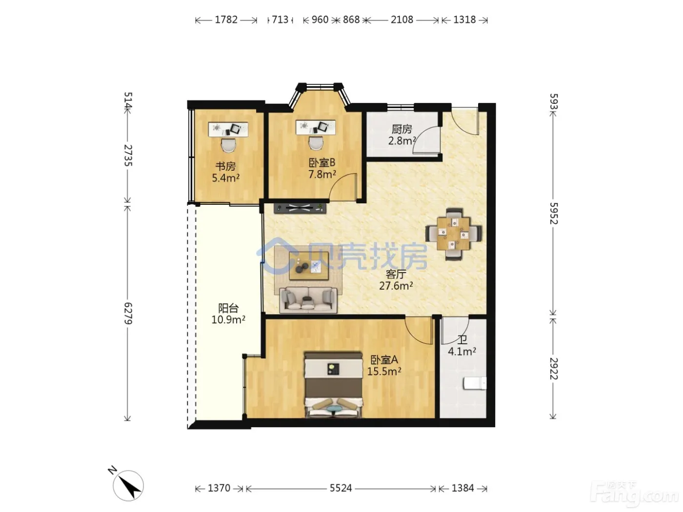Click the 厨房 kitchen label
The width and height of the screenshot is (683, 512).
pos(402,129)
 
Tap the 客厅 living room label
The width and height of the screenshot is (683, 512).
pos(396,274)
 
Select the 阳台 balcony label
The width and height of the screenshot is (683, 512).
pos(228,308)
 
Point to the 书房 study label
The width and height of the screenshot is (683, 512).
pos(225,166)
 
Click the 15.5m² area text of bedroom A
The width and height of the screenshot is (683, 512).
pos(384,371)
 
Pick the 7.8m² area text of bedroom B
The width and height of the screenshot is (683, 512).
pos(322,174)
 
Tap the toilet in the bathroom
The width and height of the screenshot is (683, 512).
pos(475,383)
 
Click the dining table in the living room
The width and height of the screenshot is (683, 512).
pos(453,234)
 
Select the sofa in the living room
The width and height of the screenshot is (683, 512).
pos(308,300)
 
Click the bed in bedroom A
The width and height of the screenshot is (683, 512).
pos(333,385)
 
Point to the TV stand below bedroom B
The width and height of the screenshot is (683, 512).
pos(300,208)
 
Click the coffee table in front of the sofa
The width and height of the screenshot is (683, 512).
pos(309,266)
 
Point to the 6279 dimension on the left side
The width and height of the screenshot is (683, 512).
pos(128,314)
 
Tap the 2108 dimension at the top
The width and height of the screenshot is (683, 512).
pos(402,20)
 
